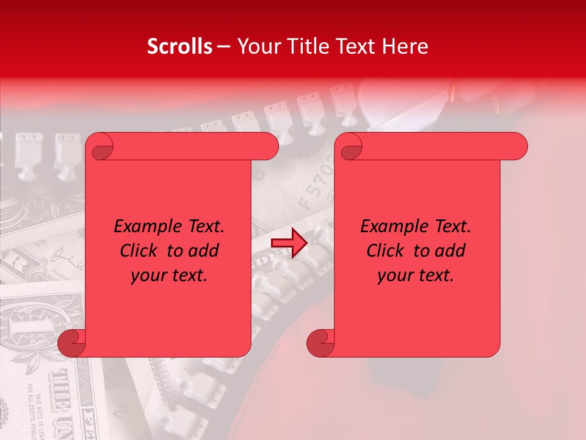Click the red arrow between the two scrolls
tap(289, 243)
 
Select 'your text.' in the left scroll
tap(169, 275)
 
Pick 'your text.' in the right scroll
tap(416, 275)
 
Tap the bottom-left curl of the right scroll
tap(319, 342)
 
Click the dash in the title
tap(223, 46)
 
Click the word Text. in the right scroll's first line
tap(452, 227)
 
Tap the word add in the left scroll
tap(203, 251)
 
